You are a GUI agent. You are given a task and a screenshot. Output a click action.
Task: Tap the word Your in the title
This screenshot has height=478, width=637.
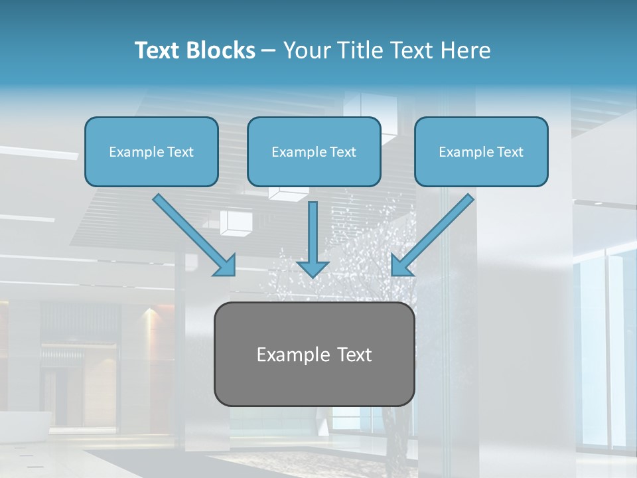click(305, 50)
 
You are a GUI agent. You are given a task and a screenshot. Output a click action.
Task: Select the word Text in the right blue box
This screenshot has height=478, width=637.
click(510, 152)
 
